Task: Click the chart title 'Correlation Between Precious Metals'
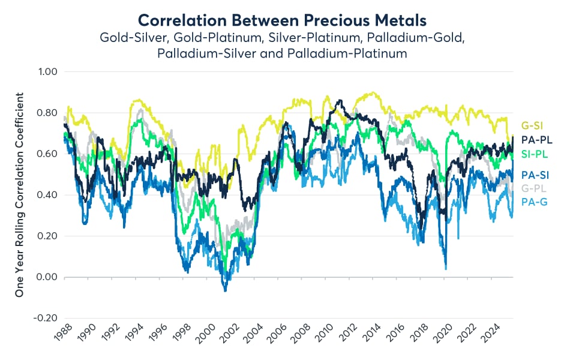(x=282, y=19)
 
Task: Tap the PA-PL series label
(x=536, y=140)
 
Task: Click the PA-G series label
(x=533, y=202)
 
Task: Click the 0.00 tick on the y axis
(x=47, y=277)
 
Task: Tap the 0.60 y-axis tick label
(x=47, y=154)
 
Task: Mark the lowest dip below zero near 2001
(x=225, y=291)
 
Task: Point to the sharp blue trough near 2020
(x=445, y=268)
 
